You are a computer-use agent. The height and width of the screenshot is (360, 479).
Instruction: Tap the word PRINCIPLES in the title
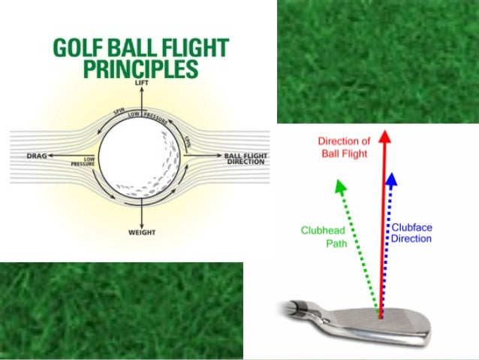(x=141, y=69)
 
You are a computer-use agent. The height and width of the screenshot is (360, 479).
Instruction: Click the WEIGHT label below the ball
(x=141, y=233)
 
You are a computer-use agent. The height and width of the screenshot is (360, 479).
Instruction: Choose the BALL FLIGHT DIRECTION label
(x=246, y=159)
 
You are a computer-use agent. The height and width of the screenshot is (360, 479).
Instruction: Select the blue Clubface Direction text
(x=411, y=233)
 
